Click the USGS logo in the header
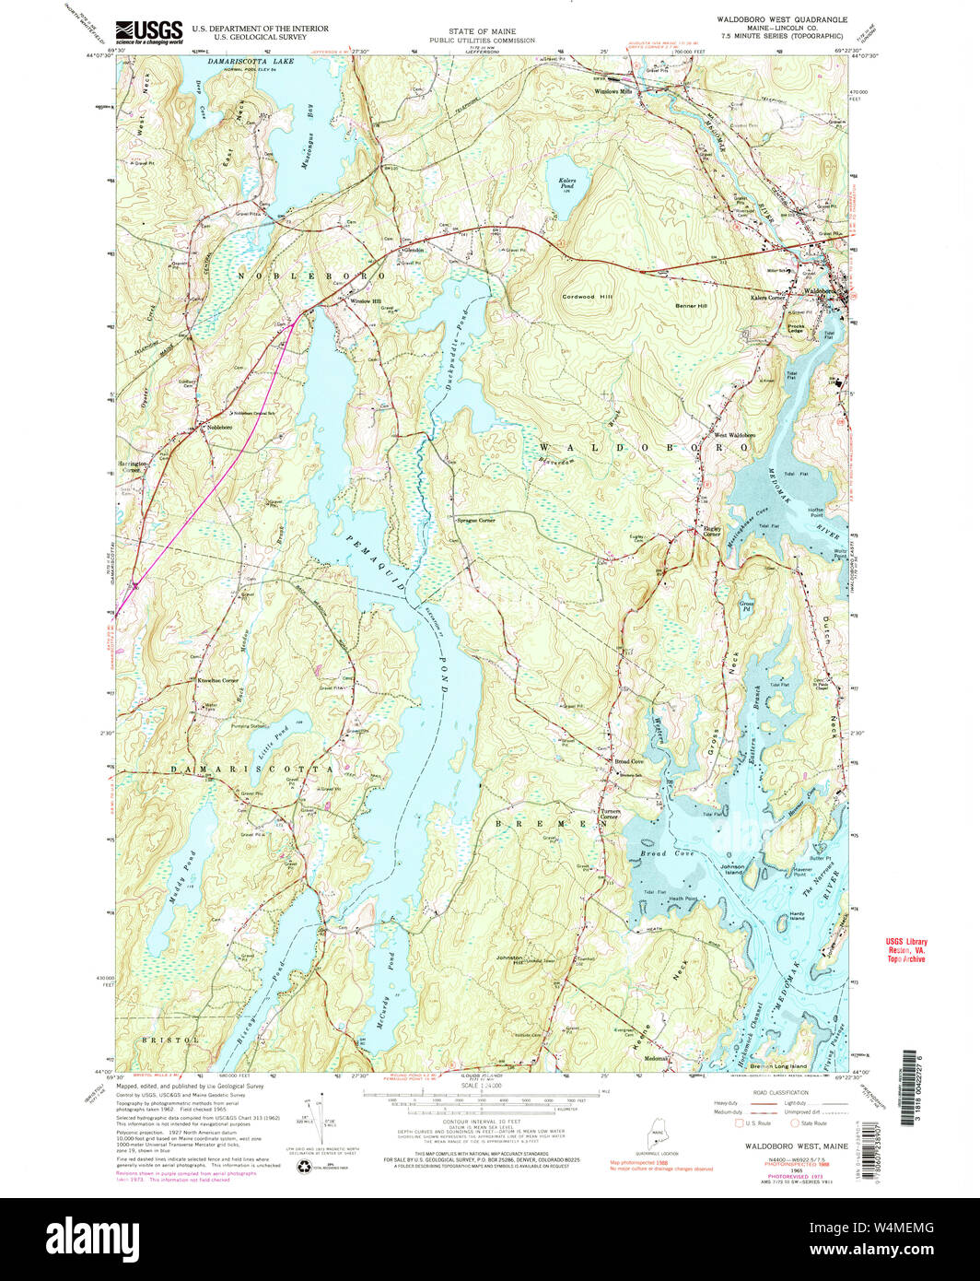pyautogui.click(x=148, y=31)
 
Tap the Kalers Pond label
pyautogui.click(x=567, y=185)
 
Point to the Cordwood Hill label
pyautogui.click(x=587, y=297)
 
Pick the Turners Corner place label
pyautogui.click(x=610, y=814)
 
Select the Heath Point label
pyautogui.click(x=682, y=899)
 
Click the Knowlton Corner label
pyautogui.click(x=217, y=680)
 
